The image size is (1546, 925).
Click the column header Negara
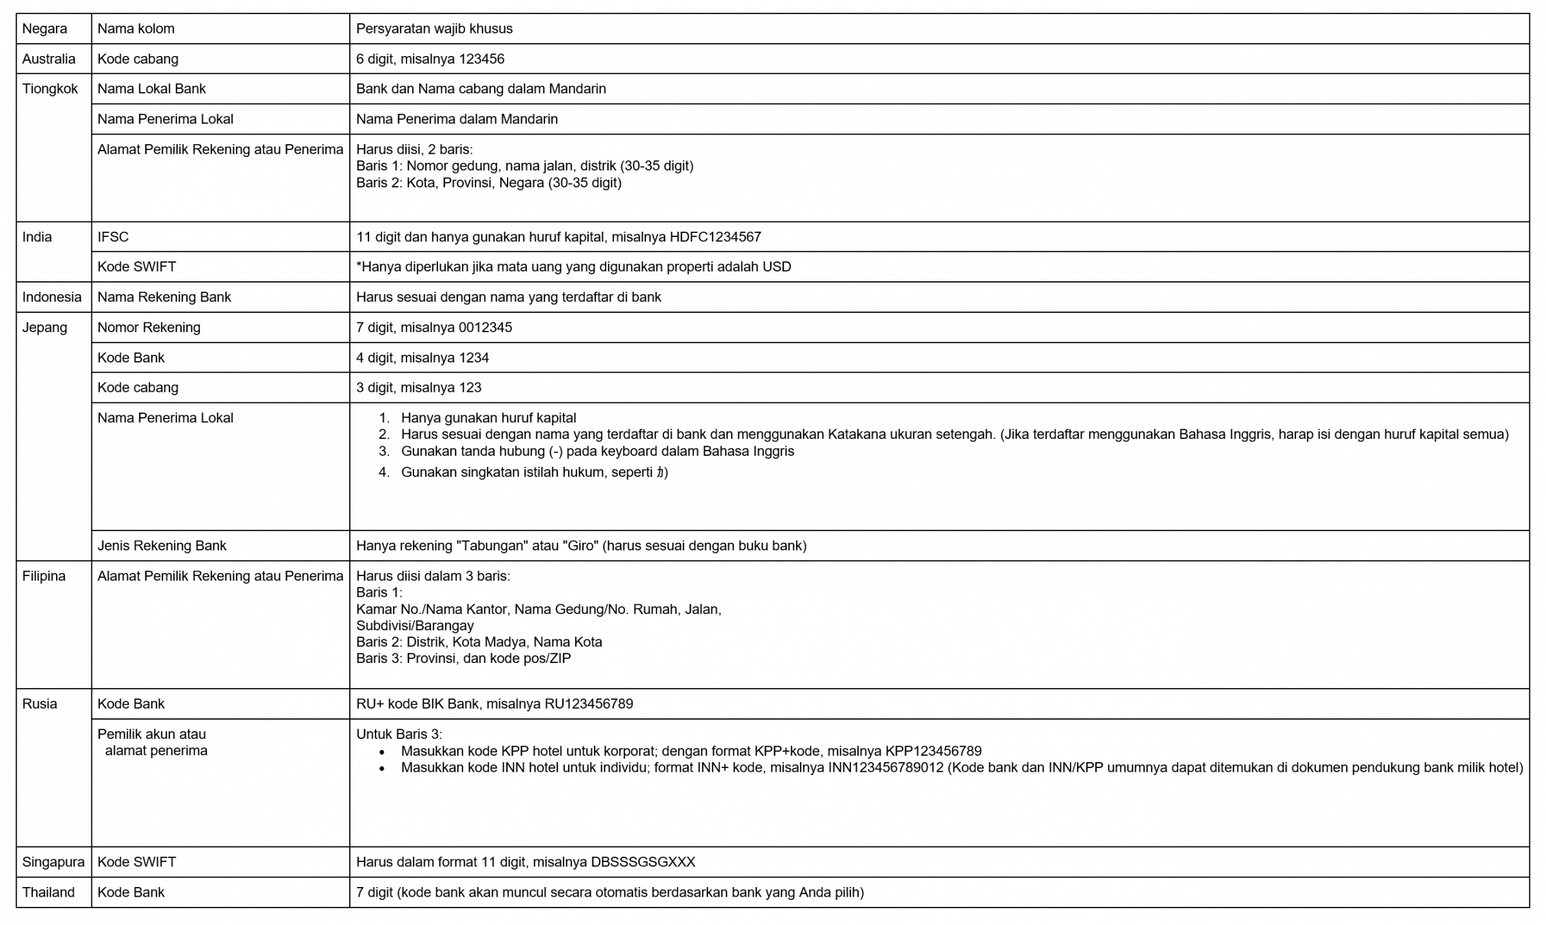(x=44, y=29)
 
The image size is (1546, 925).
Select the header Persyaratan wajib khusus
(x=434, y=29)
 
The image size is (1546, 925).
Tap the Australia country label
(x=48, y=59)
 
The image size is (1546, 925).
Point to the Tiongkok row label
(x=50, y=89)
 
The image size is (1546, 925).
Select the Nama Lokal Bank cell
(x=151, y=89)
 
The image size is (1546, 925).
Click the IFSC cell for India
(x=113, y=237)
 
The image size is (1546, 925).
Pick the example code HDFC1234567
(x=715, y=237)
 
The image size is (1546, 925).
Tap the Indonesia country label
(x=52, y=297)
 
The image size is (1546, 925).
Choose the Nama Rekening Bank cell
(x=164, y=297)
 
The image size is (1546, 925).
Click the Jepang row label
(x=44, y=328)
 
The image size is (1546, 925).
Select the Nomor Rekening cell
(x=149, y=328)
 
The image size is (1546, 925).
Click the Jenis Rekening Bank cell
(x=162, y=546)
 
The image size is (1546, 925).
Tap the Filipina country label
(x=44, y=576)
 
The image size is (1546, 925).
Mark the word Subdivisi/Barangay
(x=415, y=626)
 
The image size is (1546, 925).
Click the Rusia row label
(x=39, y=704)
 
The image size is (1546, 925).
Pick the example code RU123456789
(x=589, y=704)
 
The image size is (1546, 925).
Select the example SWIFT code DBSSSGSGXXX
(x=643, y=863)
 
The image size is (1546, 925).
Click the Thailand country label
(x=48, y=893)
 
